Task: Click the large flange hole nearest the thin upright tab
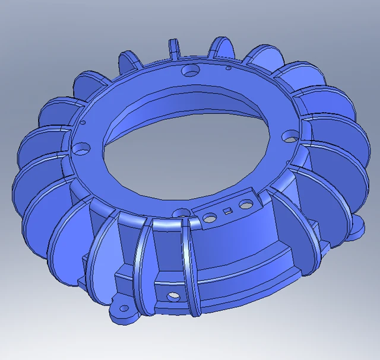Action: (191, 71)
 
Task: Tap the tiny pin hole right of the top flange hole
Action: (228, 68)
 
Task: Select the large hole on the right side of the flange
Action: (290, 137)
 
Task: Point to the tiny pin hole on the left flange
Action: (83, 123)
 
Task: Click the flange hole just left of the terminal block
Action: (182, 213)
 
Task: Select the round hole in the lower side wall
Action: (172, 295)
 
